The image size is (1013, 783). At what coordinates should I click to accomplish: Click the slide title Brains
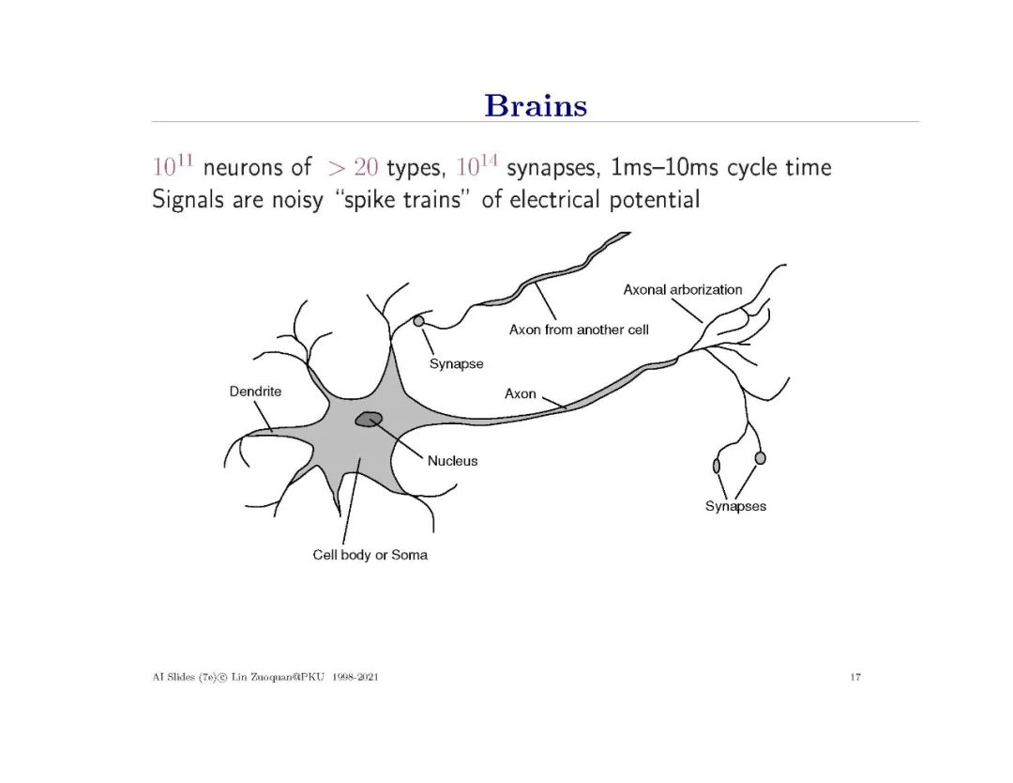click(536, 105)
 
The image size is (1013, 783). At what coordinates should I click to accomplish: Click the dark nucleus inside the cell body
click(369, 419)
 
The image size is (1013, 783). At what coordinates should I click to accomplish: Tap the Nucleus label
click(452, 461)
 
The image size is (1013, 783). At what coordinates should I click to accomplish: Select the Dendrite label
click(255, 391)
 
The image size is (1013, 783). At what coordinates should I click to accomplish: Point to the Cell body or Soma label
click(370, 555)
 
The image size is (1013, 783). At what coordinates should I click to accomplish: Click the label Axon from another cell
click(579, 330)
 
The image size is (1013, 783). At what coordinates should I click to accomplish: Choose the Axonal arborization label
click(682, 289)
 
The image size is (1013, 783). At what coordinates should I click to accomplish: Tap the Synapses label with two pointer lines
click(735, 506)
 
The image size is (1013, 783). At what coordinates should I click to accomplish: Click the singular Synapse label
click(456, 364)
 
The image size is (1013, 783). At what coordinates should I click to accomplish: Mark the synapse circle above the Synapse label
click(418, 321)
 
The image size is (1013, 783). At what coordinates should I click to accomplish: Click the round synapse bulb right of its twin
click(760, 457)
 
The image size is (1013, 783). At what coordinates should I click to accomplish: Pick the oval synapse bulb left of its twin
click(717, 465)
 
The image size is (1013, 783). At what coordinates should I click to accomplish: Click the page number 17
click(855, 677)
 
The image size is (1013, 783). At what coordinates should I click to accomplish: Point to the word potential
click(656, 200)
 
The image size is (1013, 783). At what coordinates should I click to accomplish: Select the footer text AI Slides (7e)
click(174, 677)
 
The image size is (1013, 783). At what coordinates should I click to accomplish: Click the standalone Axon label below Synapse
click(521, 393)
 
